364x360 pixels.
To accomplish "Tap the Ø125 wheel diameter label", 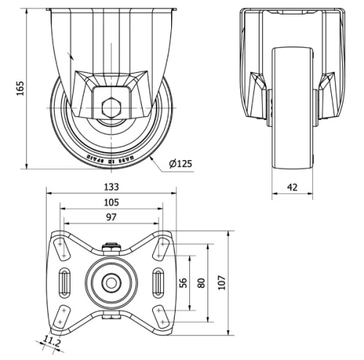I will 180,164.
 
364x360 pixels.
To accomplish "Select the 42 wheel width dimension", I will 292,187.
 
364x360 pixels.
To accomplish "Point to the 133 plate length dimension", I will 111,186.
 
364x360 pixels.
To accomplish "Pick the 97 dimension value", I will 111,217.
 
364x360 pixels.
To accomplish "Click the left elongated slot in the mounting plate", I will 64,281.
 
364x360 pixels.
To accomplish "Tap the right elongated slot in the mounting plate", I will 159,281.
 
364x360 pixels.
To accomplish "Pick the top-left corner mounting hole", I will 62,247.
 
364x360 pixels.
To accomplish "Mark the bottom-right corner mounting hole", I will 161,313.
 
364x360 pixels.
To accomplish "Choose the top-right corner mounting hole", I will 161,247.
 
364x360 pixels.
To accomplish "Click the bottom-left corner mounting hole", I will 62,313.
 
